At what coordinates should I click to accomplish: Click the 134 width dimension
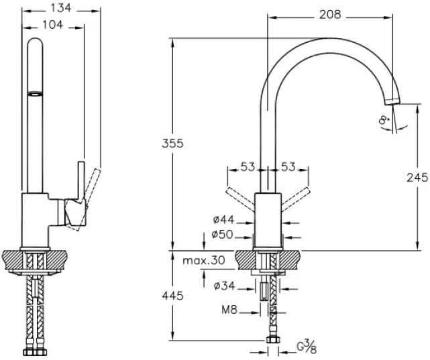pos(61,8)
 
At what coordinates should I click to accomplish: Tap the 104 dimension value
pos(52,25)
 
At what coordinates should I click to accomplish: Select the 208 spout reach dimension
pos(330,15)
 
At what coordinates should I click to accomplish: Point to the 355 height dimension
pos(172,143)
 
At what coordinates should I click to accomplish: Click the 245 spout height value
pos(417,178)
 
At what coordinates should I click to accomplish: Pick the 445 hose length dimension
pos(172,296)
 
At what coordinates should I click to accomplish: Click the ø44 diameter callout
pos(223,219)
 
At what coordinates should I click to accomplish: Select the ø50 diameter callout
pos(223,235)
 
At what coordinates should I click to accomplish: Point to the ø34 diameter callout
pos(225,286)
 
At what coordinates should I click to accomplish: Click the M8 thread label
pos(229,310)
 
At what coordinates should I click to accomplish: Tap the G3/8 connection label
pos(307,347)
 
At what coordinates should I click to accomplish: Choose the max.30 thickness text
pos(204,260)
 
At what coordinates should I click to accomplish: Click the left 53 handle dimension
pos(248,167)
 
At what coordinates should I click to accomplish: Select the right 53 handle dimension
pos(288,167)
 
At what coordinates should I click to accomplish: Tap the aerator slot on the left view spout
pos(35,94)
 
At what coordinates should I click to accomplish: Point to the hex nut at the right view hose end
pos(274,340)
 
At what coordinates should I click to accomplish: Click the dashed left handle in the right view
pos(239,199)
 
